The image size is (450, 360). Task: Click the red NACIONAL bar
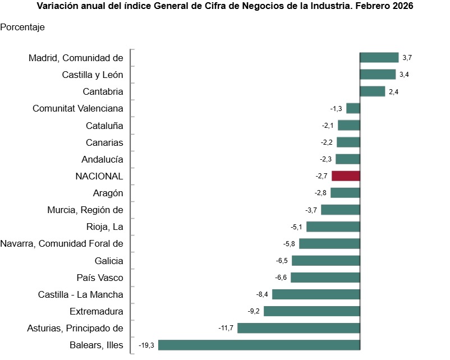tap(346, 176)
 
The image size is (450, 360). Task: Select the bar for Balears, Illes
tap(259, 345)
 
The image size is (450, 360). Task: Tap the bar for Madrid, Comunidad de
tap(379, 57)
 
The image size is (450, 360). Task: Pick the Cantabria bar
tap(372, 91)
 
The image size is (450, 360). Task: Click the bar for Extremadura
tap(311, 311)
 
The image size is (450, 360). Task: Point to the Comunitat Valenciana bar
tap(353, 108)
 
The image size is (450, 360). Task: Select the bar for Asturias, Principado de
tap(299, 328)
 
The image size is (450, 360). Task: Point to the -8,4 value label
tap(261, 294)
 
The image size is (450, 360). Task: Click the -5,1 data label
tap(296, 227)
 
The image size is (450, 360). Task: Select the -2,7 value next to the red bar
tap(322, 176)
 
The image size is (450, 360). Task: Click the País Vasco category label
tap(100, 278)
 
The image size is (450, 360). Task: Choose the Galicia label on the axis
tap(109, 261)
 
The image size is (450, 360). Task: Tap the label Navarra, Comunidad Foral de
tap(62, 243)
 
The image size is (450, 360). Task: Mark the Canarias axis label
tap(104, 142)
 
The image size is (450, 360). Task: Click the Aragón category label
tap(108, 193)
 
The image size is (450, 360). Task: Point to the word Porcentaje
tap(23, 27)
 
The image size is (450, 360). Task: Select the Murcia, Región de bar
tap(340, 210)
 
